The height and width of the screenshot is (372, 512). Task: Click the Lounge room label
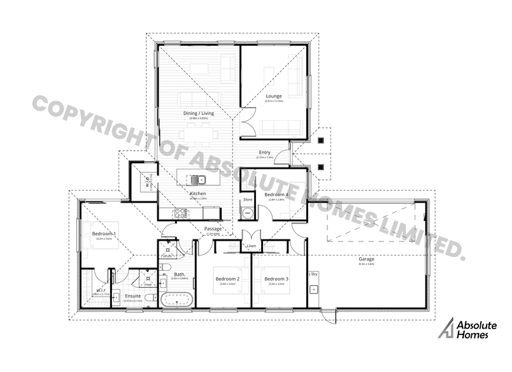pyautogui.click(x=274, y=96)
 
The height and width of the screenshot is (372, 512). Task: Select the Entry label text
pyautogui.click(x=265, y=152)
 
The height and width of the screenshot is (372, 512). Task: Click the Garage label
pyautogui.click(x=366, y=259)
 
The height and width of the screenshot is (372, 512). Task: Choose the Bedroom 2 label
pyautogui.click(x=227, y=279)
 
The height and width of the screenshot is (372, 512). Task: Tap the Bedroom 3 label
pyautogui.click(x=277, y=279)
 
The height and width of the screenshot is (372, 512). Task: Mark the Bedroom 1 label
pyautogui.click(x=104, y=234)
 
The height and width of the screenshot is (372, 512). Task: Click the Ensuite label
pyautogui.click(x=132, y=296)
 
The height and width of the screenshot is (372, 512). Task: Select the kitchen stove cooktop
pyautogui.click(x=180, y=214)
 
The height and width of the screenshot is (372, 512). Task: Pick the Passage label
pyautogui.click(x=213, y=229)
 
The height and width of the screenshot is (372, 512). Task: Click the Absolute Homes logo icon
pyautogui.click(x=451, y=329)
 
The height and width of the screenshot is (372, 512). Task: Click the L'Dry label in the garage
pyautogui.click(x=313, y=275)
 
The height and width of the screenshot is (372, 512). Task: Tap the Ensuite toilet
pyautogui.click(x=148, y=297)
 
